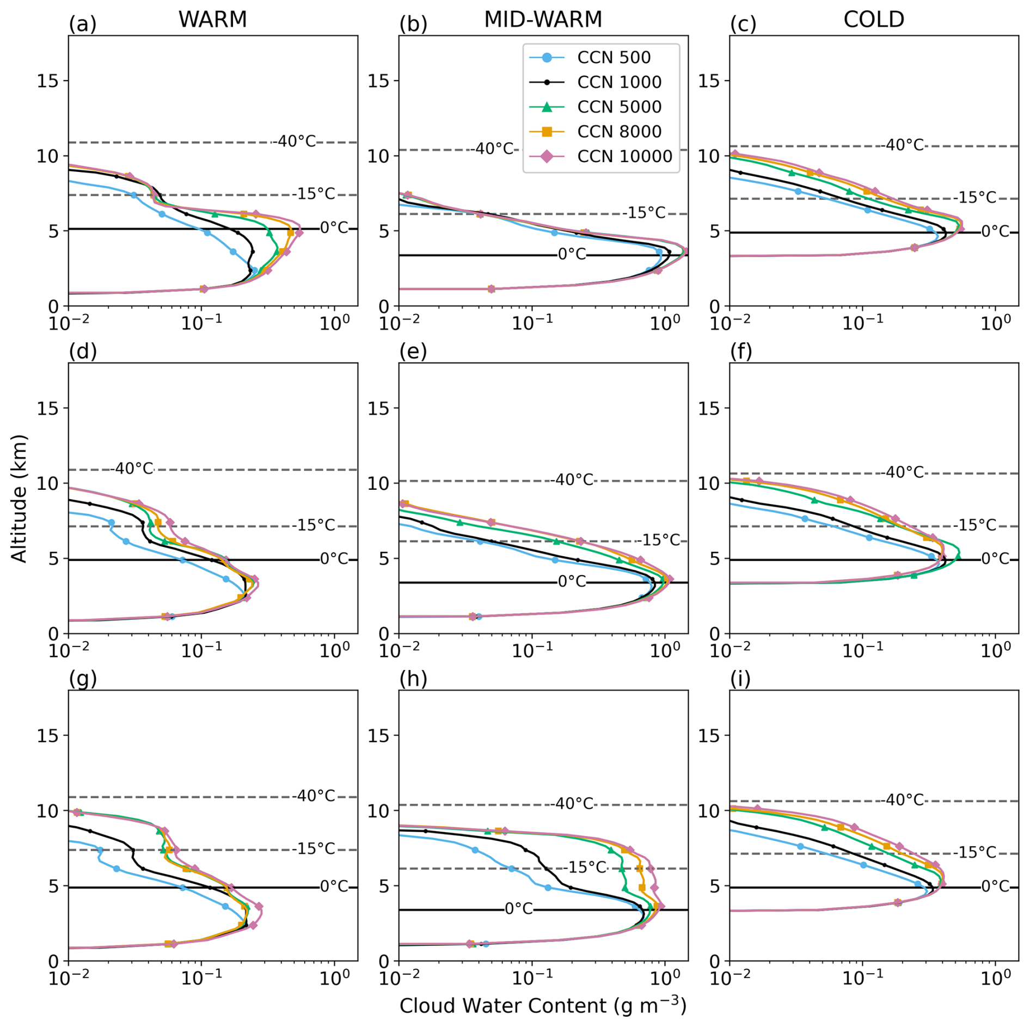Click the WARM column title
tap(212, 20)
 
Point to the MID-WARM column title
tap(543, 20)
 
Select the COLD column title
tap(873, 20)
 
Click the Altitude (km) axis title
tap(19, 498)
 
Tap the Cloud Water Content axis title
tap(543, 1006)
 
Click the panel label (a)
tap(82, 24)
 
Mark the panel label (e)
tap(413, 352)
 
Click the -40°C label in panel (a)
tap(295, 142)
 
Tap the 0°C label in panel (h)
tap(519, 909)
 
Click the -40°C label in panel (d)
tap(132, 469)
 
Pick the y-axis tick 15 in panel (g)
tap(48, 735)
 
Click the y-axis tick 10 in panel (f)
tap(709, 483)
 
